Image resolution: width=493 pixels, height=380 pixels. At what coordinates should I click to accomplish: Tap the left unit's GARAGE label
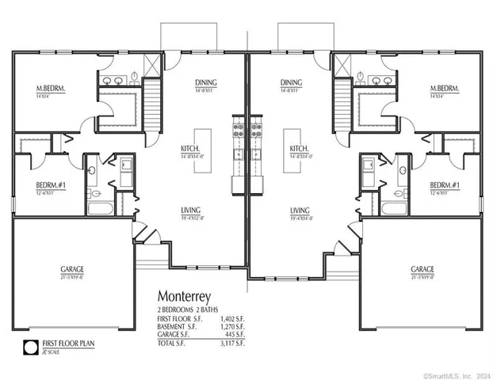pyautogui.click(x=71, y=269)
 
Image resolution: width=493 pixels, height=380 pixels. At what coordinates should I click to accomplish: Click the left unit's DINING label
pyautogui.click(x=206, y=82)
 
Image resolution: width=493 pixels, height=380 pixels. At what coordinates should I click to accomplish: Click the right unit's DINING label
pyautogui.click(x=291, y=82)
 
